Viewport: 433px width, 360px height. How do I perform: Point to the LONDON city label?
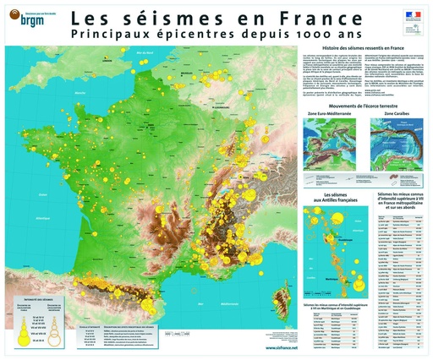tap(106, 62)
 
